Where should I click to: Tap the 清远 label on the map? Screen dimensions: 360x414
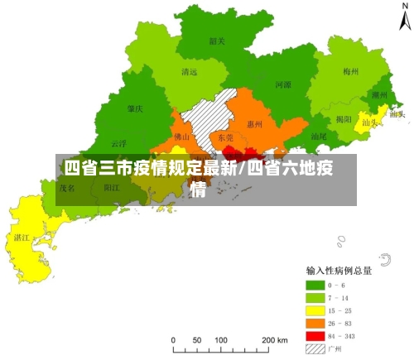tap(189, 72)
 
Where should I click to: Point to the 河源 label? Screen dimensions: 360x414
tap(282, 84)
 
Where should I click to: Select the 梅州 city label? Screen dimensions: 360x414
tap(350, 73)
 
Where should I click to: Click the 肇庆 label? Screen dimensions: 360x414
tap(135, 108)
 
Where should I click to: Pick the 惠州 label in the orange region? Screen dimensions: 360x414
tap(255, 124)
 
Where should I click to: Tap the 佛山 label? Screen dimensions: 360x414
tap(182, 136)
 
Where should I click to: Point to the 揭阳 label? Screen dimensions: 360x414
tap(343, 118)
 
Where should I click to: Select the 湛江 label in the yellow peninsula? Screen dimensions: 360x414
tap(22, 237)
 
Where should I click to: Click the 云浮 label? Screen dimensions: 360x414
tap(118, 142)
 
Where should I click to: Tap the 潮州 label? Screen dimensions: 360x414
tap(379, 95)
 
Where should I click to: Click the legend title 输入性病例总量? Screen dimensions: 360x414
tap(339, 271)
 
